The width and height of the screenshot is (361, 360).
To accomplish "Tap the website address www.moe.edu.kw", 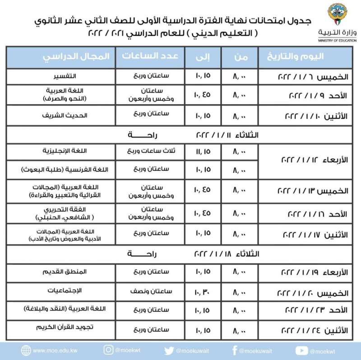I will click(x=52, y=351).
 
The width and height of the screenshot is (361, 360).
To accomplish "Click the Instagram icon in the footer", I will click(x=108, y=350).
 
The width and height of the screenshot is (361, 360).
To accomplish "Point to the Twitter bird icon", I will click(x=169, y=350).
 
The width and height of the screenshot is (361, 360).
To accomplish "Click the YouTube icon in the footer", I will click(x=301, y=350).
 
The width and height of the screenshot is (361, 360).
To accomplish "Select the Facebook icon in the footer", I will click(x=234, y=350).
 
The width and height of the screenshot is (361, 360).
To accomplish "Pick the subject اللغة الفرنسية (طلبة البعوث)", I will click(x=60, y=169).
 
